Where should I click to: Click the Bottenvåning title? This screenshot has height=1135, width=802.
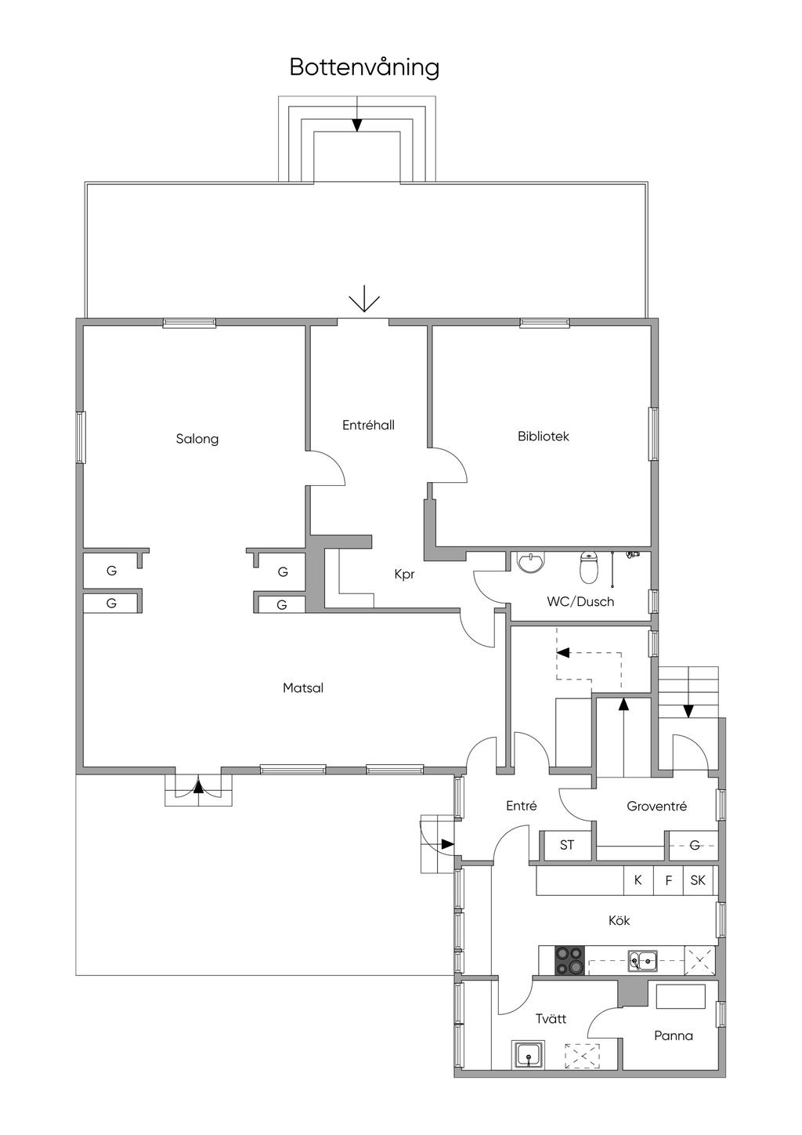[x=364, y=67]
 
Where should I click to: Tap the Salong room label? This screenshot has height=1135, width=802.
[x=197, y=439]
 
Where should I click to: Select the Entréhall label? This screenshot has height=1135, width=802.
[x=368, y=425]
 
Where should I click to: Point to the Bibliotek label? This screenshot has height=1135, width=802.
[x=544, y=437]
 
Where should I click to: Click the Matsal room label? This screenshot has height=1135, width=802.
[x=303, y=687]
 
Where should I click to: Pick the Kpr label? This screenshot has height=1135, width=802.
[x=405, y=574]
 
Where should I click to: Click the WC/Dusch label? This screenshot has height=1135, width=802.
[x=580, y=601]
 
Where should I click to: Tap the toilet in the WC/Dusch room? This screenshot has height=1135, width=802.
[x=587, y=567]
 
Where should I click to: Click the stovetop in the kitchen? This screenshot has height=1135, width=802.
[x=569, y=960]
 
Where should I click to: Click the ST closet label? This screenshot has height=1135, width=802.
[x=566, y=845]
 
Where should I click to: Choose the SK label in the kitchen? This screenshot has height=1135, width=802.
[x=698, y=880]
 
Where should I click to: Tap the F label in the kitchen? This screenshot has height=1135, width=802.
[x=668, y=880]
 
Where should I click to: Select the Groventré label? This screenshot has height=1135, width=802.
[x=656, y=806]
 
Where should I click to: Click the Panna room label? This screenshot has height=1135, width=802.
[x=674, y=1035]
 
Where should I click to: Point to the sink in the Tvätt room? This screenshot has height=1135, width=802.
[x=529, y=1055]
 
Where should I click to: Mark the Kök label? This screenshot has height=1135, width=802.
[x=619, y=920]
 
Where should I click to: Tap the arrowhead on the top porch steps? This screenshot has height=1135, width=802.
[x=357, y=125]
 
